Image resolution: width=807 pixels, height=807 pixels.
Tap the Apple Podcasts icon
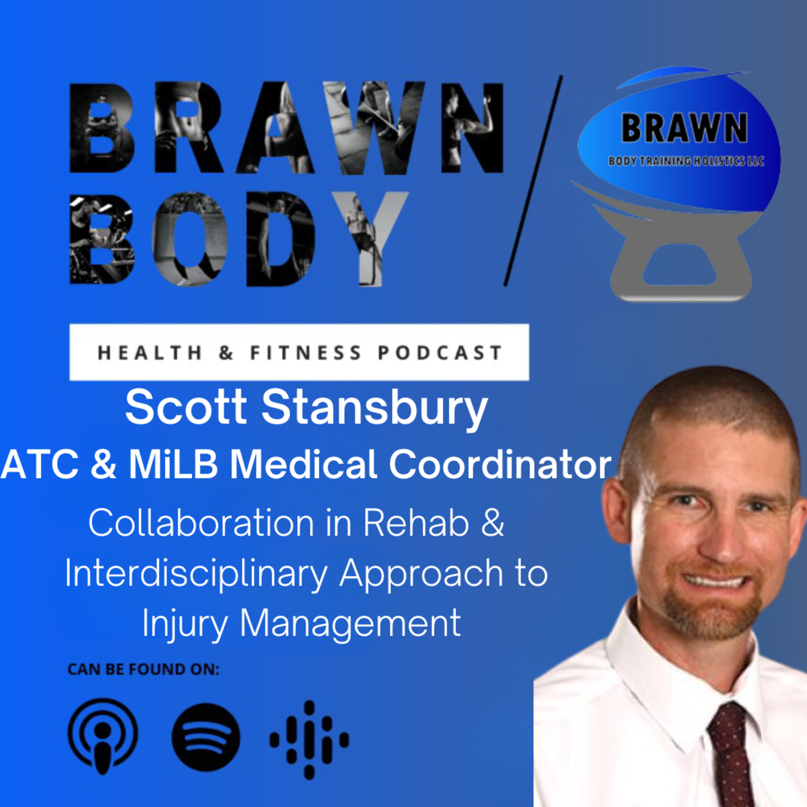point(103,738)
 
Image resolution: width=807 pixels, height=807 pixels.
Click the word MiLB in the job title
point(173,465)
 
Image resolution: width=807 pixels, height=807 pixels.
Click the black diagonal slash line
point(533,180)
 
